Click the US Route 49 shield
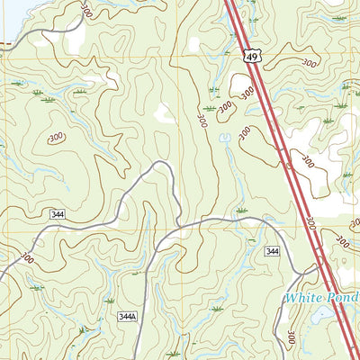point(252,57)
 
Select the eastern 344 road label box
point(273,252)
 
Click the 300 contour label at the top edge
point(85,10)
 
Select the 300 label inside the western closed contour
point(56,137)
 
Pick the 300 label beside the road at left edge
point(24,258)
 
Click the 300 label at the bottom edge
point(291,339)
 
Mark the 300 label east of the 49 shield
point(309,64)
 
